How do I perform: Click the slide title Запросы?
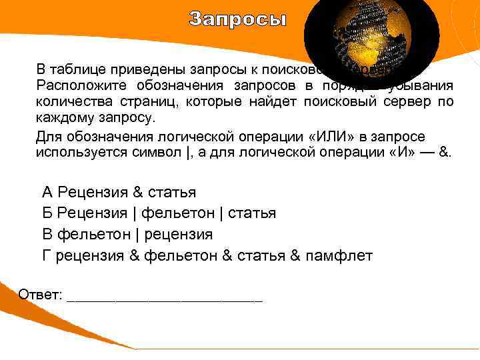click(237, 19)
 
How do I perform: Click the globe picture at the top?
click(371, 40)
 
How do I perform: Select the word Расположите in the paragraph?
click(76, 85)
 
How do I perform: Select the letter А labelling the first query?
click(47, 193)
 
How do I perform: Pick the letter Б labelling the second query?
click(47, 213)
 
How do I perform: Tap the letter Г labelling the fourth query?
click(47, 255)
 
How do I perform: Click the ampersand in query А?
click(138, 193)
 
